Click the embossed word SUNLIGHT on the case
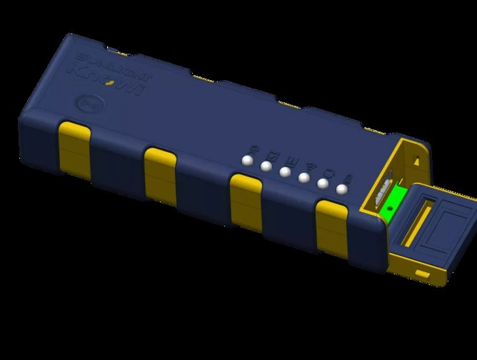pyautogui.click(x=94, y=58)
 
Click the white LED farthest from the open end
pyautogui.click(x=248, y=161)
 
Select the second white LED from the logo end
pyautogui.click(x=266, y=167)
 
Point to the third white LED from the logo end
pyautogui.click(x=285, y=172)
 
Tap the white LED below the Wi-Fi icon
pyautogui.click(x=304, y=178)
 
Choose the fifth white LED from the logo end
pyautogui.click(x=323, y=184)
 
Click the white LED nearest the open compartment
pyautogui.click(x=342, y=189)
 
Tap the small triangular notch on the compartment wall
pyautogui.click(x=413, y=161)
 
